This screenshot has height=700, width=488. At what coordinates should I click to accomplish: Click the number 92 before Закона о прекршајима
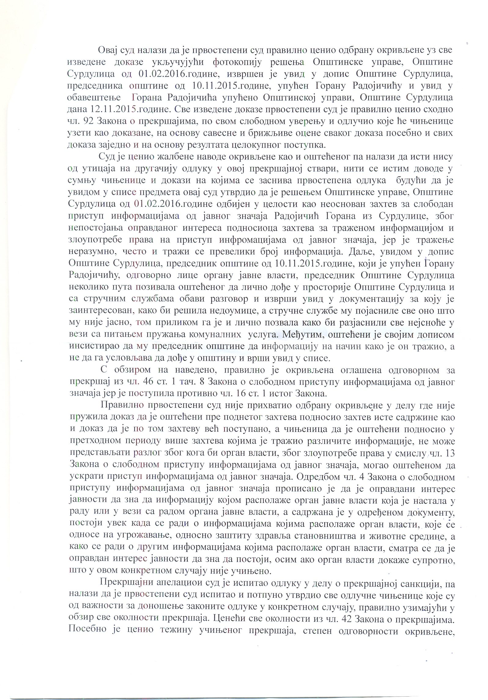coord(88,122)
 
